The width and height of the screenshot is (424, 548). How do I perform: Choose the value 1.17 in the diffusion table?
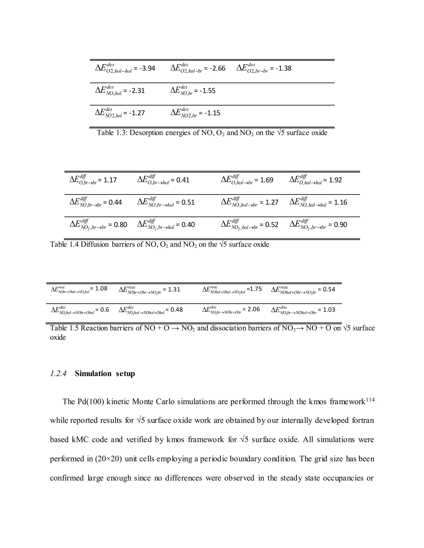tap(110, 180)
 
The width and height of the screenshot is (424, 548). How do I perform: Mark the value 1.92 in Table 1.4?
tap(335, 180)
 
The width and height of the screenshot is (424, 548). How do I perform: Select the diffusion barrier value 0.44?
tap(115, 202)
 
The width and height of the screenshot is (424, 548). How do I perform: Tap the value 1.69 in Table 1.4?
tap(266, 180)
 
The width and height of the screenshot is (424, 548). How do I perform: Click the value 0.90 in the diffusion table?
tap(341, 225)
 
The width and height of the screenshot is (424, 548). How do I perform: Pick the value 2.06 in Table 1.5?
tap(253, 309)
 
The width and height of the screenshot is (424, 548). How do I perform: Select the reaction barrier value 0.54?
tap(329, 290)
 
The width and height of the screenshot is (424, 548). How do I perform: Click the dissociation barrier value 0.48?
tap(177, 310)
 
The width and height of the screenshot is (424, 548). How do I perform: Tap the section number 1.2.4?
tap(58, 374)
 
